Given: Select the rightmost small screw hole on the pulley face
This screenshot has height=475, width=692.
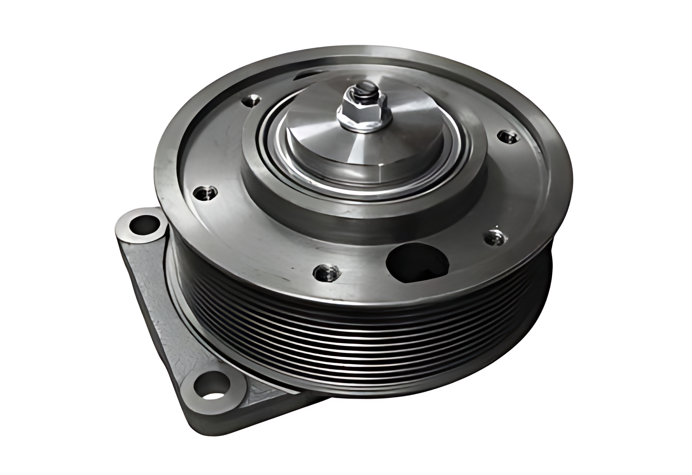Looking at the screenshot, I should click(508, 137).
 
